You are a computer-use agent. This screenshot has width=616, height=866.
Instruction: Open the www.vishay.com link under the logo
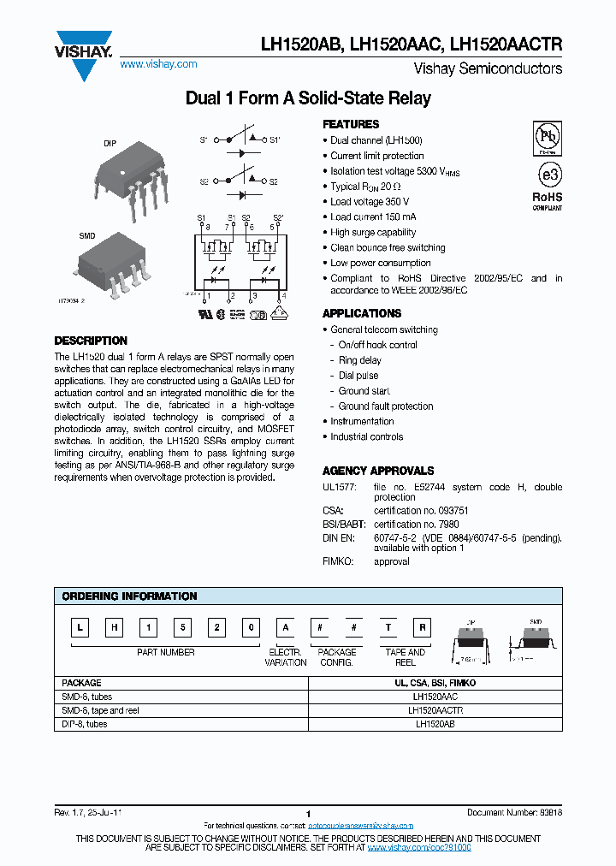point(158,64)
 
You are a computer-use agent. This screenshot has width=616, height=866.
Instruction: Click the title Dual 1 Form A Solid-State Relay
point(308,98)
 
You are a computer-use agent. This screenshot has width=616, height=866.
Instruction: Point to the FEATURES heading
point(351,124)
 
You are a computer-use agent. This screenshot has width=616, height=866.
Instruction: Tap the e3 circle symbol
point(547,174)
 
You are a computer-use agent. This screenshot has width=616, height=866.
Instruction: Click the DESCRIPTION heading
point(91,341)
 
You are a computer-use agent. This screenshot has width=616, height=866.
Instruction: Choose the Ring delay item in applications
point(359,360)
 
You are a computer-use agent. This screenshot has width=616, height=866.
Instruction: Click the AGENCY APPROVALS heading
point(378,471)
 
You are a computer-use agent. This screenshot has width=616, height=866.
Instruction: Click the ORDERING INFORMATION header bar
point(308,596)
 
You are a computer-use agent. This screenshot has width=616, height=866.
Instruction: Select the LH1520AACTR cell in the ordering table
point(436,710)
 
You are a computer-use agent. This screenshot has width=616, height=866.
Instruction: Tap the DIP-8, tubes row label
point(85,724)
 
